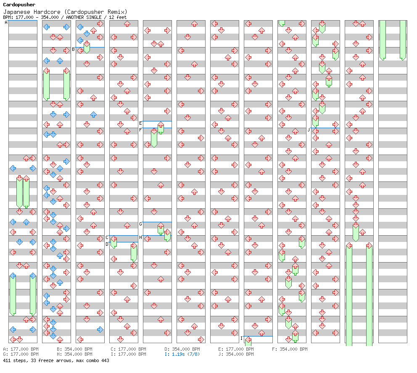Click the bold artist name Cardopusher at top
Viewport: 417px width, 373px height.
click(19, 5)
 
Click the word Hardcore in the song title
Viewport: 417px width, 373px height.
click(47, 12)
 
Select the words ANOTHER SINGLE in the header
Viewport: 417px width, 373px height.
click(84, 17)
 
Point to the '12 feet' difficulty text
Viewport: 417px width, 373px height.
click(118, 17)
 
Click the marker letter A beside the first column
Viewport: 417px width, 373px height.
click(6, 23)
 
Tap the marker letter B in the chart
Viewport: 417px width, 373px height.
click(74, 50)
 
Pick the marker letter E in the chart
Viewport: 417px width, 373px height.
click(141, 123)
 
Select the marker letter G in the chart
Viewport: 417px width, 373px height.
click(141, 224)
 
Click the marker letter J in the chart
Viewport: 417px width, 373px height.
click(309, 130)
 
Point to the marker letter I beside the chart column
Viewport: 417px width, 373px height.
click(241, 338)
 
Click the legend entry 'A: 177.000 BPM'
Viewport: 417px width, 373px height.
click(21, 349)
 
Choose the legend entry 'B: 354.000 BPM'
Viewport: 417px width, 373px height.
click(74, 349)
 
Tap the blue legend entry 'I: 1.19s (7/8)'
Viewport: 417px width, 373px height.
click(182, 354)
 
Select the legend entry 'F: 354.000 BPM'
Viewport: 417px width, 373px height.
click(290, 349)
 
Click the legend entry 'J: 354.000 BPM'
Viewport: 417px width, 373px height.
click(236, 354)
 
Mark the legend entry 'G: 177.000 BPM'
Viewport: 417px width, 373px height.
click(21, 354)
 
